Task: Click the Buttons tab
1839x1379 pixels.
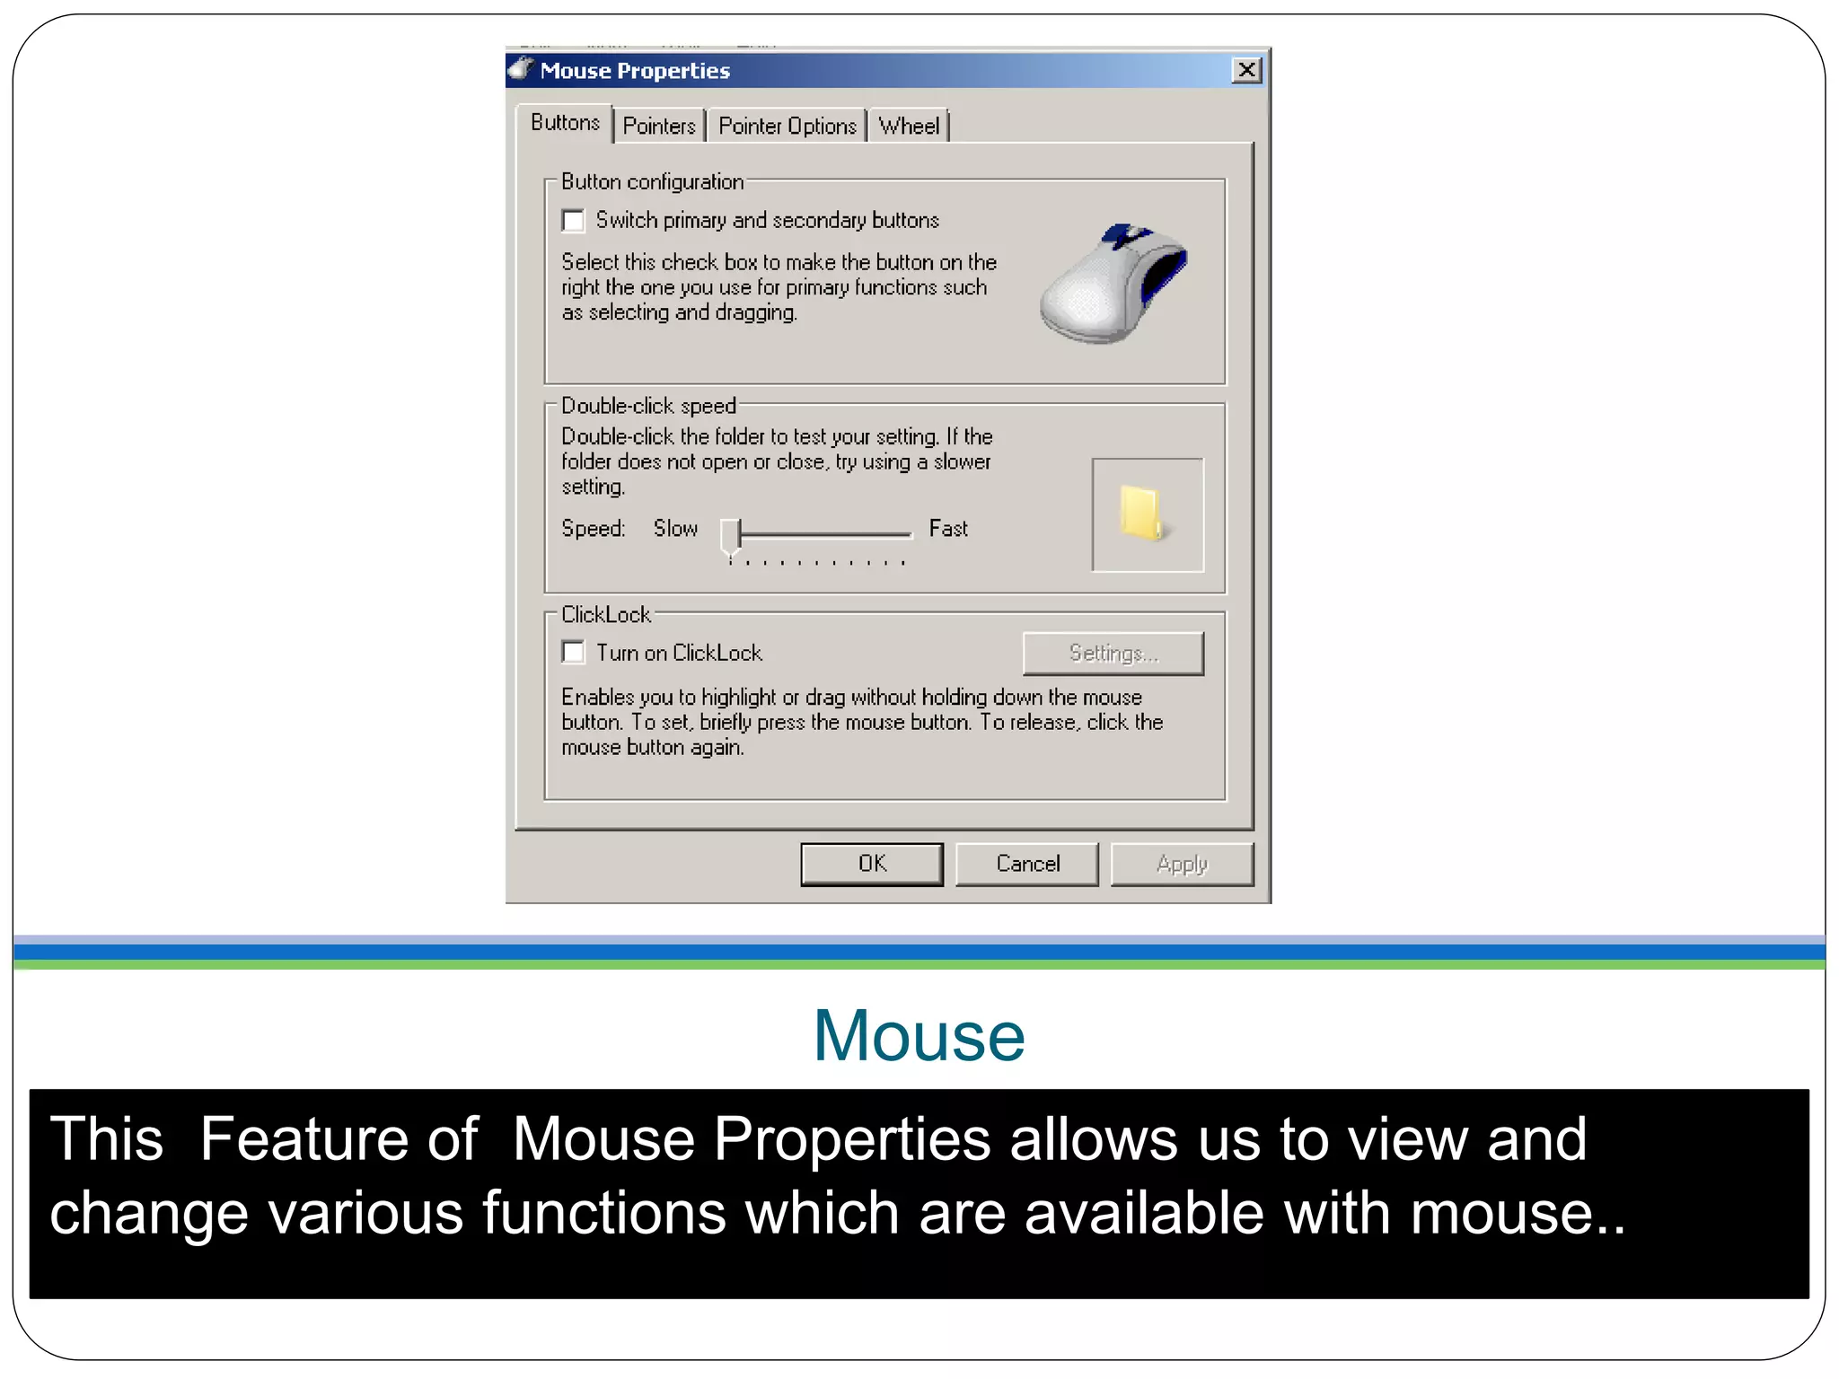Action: (x=565, y=123)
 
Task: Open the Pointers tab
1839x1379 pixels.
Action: (x=659, y=127)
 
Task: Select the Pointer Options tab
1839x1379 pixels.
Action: (x=787, y=127)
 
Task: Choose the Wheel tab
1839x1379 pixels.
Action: (x=909, y=127)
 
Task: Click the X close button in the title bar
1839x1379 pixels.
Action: (x=1246, y=70)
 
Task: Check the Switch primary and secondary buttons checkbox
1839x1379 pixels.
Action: (x=573, y=221)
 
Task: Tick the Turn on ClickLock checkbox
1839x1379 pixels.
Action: (x=573, y=653)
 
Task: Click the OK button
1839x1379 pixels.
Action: (x=871, y=864)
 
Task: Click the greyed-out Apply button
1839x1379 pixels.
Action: (x=1182, y=864)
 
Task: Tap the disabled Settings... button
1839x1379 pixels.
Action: (x=1113, y=654)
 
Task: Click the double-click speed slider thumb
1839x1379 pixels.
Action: (x=731, y=536)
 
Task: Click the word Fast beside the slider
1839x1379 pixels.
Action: (x=948, y=529)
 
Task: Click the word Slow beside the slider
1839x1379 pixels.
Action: (x=675, y=529)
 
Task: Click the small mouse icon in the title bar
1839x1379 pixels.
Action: (x=521, y=69)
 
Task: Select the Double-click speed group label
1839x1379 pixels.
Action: (x=648, y=406)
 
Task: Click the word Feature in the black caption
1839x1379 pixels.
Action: (x=339, y=1138)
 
